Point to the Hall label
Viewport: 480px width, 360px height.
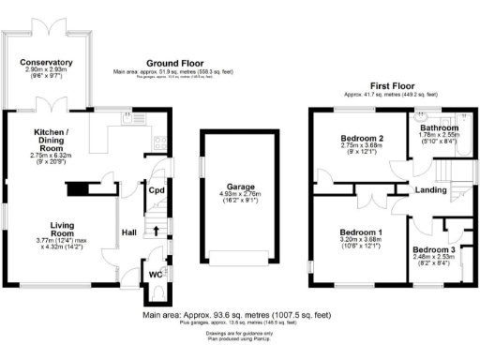point(128,233)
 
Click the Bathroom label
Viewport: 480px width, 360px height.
point(439,127)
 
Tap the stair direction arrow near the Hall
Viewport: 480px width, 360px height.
point(157,228)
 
